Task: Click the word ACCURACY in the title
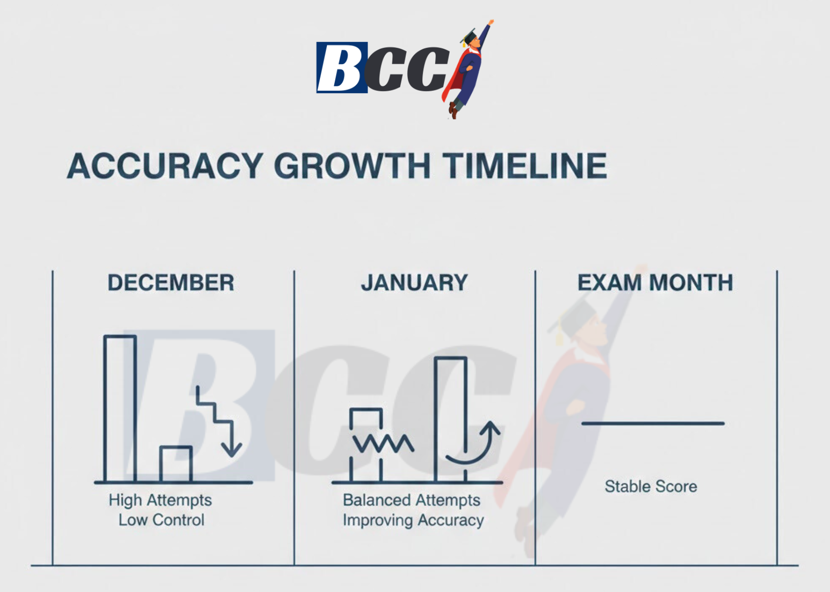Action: (x=165, y=166)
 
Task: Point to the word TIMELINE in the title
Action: (x=525, y=166)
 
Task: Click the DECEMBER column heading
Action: (x=171, y=283)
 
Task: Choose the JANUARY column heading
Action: (x=414, y=283)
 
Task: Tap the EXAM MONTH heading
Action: (x=655, y=283)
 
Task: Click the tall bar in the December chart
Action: (x=120, y=408)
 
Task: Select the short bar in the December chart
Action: (x=176, y=464)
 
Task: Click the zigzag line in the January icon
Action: (x=383, y=444)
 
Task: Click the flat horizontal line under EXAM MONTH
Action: (x=653, y=423)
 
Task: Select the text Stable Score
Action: (x=651, y=486)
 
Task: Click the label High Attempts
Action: (x=160, y=500)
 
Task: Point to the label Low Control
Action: (x=161, y=520)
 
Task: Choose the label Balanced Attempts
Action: (x=411, y=500)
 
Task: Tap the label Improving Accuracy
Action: (x=413, y=521)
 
